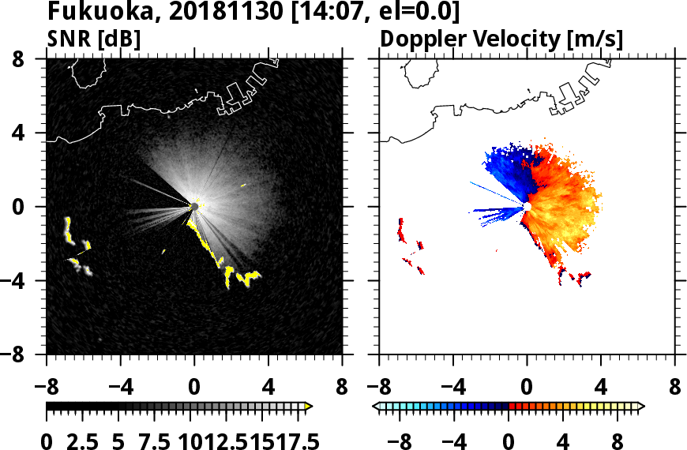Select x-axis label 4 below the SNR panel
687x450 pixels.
(x=268, y=388)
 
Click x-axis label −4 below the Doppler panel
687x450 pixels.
(x=452, y=388)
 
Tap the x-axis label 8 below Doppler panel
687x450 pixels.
(x=674, y=388)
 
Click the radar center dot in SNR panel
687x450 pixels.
(x=194, y=207)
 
